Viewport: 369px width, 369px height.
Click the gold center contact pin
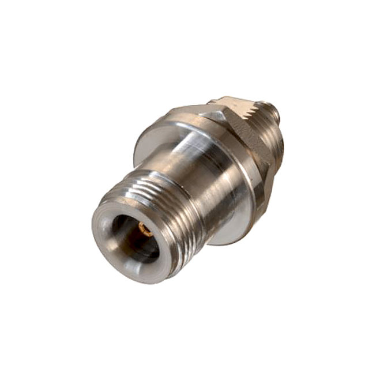pos(146,231)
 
